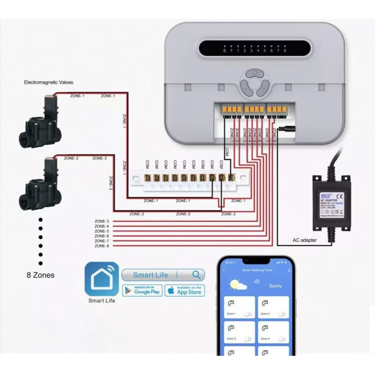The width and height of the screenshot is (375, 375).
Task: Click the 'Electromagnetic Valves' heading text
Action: point(49,82)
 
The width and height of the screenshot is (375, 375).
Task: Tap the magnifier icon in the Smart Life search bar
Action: point(197,275)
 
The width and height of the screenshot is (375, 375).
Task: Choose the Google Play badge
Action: point(142,291)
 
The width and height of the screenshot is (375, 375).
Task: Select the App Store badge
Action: point(184,291)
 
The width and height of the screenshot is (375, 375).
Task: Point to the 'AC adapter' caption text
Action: point(305,240)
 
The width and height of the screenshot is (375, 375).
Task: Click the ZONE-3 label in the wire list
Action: point(102,221)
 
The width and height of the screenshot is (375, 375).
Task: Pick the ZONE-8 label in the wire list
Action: point(102,246)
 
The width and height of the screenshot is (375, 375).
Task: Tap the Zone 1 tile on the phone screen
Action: point(239,307)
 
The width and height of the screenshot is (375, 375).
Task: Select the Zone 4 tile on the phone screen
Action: point(273,332)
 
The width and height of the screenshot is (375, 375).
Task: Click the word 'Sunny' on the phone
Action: point(275,285)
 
